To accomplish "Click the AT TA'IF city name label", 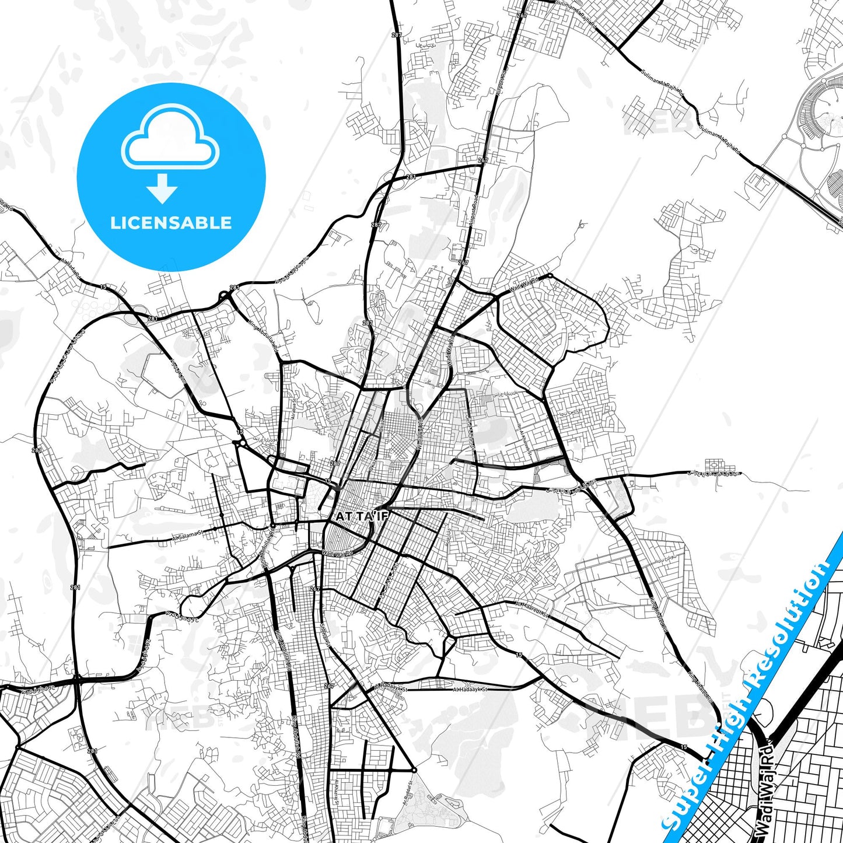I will [x=362, y=516].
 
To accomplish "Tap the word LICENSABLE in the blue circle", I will [x=171, y=223].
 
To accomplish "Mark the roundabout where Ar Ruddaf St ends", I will [x=413, y=769].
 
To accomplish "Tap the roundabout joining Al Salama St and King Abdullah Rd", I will [x=272, y=525].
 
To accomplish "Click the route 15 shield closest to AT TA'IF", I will [x=328, y=481].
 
